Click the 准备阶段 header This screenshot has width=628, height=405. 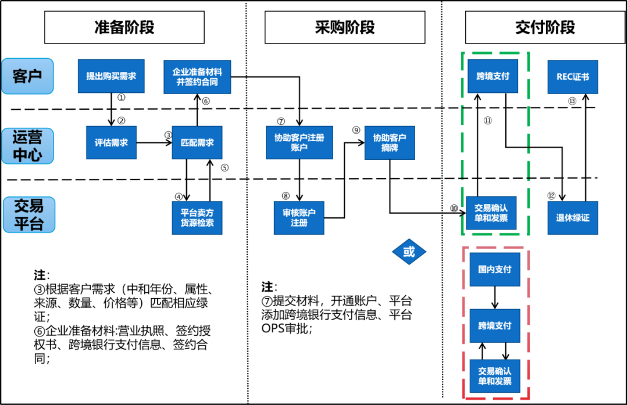[x=124, y=27]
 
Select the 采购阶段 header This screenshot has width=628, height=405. [x=345, y=27]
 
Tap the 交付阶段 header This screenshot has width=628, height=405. [x=545, y=27]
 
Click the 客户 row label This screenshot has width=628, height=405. [x=27, y=76]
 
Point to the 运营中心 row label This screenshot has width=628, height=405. [x=27, y=146]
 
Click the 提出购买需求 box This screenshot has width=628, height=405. [x=111, y=76]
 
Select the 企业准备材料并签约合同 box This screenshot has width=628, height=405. [x=197, y=77]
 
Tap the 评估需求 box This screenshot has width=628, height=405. [x=111, y=142]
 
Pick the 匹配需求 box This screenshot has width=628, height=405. [x=197, y=142]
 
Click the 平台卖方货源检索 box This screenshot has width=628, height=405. [x=197, y=217]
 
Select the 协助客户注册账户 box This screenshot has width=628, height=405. [x=299, y=142]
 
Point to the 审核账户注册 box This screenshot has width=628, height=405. [x=299, y=217]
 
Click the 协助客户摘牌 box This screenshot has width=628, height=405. [x=389, y=142]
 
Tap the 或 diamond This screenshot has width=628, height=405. [x=409, y=252]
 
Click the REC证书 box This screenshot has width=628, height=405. [x=572, y=76]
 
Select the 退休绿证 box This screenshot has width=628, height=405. [x=572, y=217]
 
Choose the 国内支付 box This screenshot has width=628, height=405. [x=494, y=270]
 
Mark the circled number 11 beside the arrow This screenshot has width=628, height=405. [x=487, y=120]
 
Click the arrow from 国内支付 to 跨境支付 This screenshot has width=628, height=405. [x=495, y=298]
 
